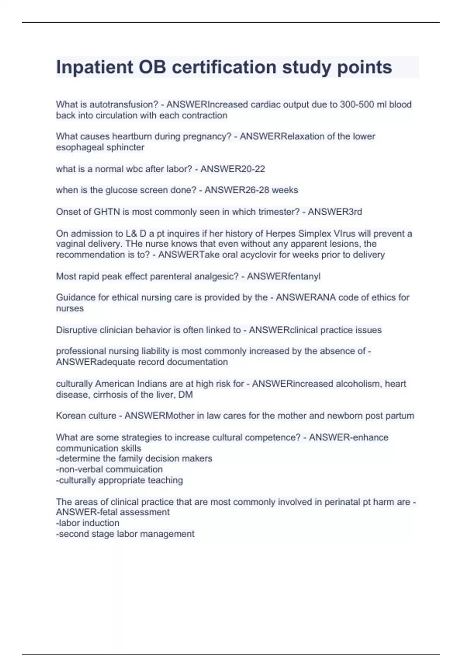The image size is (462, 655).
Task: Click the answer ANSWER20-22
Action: [233, 169]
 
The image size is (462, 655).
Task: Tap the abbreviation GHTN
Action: [107, 212]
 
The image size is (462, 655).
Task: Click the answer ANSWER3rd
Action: [335, 212]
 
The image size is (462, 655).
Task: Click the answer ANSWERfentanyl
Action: [283, 276]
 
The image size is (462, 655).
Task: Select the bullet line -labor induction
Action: [87, 523]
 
